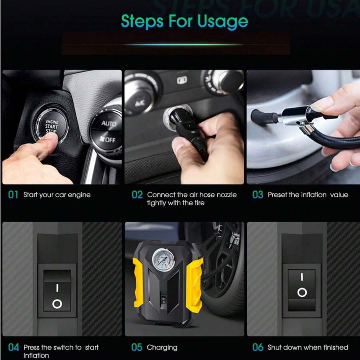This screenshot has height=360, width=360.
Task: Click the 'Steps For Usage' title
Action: [x=184, y=21]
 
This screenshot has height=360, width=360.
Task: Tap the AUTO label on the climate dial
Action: [x=108, y=124]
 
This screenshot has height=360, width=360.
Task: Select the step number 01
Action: [x=14, y=195]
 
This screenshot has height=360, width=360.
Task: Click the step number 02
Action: [x=137, y=195]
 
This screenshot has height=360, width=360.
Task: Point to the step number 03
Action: [x=258, y=195]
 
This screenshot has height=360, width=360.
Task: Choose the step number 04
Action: [x=14, y=347]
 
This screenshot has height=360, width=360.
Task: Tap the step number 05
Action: [x=137, y=347]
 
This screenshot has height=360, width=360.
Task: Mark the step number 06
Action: [x=258, y=347]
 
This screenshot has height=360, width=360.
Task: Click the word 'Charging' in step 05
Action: [x=162, y=347]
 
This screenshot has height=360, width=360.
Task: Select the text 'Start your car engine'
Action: [x=57, y=195]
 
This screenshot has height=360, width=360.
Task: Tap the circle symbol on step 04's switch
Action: [x=57, y=304]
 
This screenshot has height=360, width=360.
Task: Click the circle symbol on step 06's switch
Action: [x=302, y=292]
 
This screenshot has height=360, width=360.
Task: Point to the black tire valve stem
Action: [x=264, y=117]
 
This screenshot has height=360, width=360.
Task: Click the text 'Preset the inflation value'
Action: [x=308, y=195]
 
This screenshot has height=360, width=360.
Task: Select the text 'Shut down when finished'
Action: [x=308, y=347]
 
